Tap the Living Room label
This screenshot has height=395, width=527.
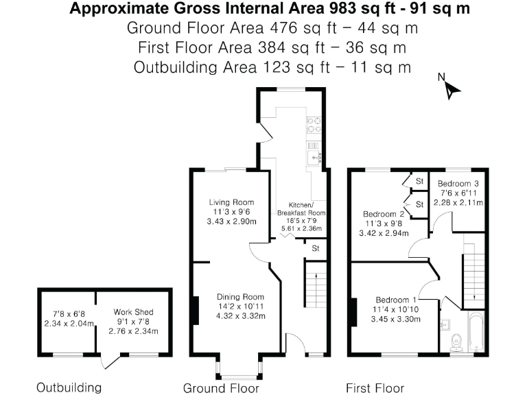coord(232,202)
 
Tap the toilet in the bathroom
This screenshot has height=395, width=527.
coord(456,341)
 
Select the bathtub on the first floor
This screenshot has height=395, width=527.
coord(476,333)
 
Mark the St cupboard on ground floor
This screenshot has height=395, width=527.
coord(316,248)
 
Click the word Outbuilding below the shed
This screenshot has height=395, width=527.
coord(69,387)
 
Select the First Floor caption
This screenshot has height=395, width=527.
coord(375,387)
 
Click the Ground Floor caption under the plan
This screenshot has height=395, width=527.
coord(221,388)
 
